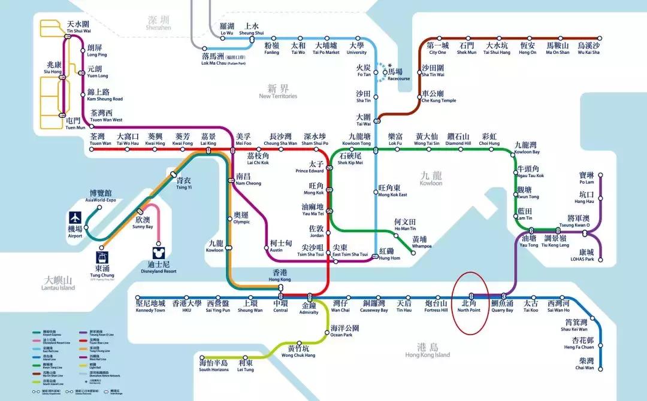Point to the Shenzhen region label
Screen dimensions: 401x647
tap(159, 22)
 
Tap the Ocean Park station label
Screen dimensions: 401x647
tap(345, 331)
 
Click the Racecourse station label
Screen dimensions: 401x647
tap(399, 74)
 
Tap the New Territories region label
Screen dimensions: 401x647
tap(278, 92)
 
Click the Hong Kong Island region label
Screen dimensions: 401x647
tap(427, 350)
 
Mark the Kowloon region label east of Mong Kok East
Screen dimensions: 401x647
tap(431, 179)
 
